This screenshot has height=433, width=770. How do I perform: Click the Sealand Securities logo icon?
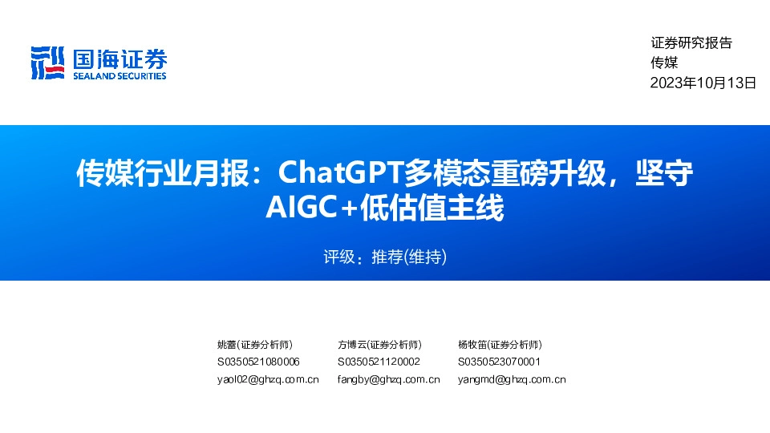(47, 62)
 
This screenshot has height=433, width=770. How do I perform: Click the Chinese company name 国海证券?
(120, 58)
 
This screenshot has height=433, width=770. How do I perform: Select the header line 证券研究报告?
(691, 43)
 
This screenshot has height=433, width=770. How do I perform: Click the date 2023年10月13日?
(703, 83)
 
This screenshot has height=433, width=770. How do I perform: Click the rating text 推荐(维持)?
(408, 257)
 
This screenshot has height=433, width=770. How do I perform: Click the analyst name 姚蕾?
(227, 345)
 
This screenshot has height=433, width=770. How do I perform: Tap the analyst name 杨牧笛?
(472, 345)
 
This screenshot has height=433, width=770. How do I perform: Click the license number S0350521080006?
(258, 362)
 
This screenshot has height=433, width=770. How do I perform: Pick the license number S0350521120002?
(379, 362)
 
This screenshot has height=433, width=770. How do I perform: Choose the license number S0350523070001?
(499, 362)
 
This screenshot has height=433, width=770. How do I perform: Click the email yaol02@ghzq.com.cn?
(268, 379)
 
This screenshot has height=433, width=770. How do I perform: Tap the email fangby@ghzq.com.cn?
(388, 379)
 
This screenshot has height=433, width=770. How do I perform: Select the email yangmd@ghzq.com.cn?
(512, 379)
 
